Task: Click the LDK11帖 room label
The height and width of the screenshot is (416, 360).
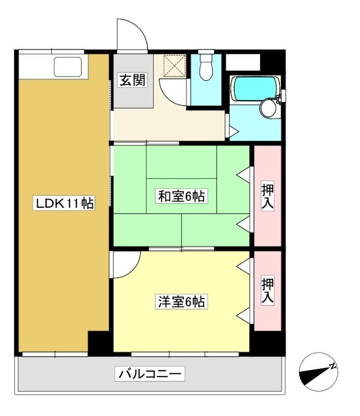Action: point(64,203)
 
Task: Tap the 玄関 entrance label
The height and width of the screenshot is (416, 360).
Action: point(132,80)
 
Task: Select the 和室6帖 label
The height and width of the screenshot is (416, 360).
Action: point(181,197)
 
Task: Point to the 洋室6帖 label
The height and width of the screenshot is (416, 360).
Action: point(181,302)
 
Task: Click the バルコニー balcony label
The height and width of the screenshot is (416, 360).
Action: point(150,374)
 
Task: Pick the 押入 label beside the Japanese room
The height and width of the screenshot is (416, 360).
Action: point(268,196)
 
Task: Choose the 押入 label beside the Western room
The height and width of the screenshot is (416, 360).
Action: point(268,291)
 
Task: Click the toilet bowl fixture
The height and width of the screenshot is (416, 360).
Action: point(206,68)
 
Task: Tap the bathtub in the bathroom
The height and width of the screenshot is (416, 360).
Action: point(255,88)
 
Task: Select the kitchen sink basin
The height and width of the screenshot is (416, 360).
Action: point(68,67)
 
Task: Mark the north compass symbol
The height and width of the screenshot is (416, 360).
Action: point(318,372)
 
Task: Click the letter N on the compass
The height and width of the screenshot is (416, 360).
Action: point(332,367)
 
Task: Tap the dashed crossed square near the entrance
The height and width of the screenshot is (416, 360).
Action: point(175,66)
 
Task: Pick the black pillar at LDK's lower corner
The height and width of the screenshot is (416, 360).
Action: point(98,343)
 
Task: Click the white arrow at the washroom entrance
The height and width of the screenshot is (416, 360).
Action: point(234,132)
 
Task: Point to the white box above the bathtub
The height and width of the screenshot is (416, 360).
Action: point(243,62)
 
